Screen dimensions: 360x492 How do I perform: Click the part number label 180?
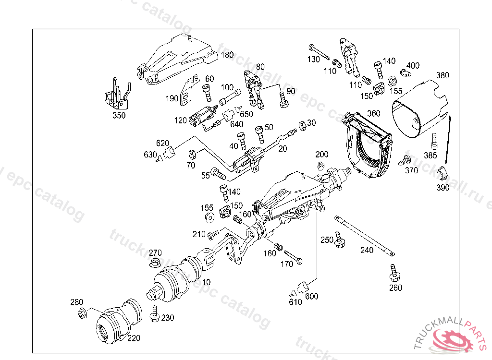[x=227, y=55]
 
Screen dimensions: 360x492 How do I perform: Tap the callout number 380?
[x=443, y=75]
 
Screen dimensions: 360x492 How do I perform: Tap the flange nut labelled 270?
[x=155, y=263]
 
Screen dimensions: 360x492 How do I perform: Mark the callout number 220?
[x=134, y=338]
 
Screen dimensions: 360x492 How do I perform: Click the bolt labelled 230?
[x=155, y=313]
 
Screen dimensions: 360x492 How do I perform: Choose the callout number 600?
[x=312, y=297]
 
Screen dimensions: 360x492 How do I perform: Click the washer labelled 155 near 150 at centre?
[x=209, y=218]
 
